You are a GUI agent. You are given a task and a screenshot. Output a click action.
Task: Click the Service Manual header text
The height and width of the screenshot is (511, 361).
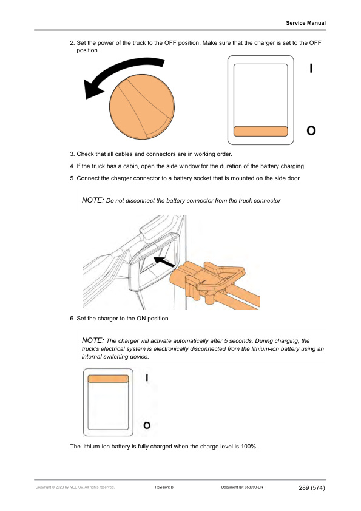pos(306,23)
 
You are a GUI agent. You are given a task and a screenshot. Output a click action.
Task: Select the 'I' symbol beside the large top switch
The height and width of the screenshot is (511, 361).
pos(311,69)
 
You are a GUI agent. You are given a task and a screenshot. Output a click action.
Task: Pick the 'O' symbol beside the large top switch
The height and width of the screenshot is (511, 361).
pos(311,130)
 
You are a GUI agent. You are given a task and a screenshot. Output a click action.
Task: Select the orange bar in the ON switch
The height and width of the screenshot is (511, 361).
pos(109,379)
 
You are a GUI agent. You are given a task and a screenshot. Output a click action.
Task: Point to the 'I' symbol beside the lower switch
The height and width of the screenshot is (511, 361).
pos(147,377)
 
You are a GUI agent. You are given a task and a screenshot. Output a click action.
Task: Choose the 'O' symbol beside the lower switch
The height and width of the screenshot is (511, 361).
pos(147,425)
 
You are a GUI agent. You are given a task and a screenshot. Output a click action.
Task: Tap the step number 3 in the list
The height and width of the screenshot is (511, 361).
pos(72,154)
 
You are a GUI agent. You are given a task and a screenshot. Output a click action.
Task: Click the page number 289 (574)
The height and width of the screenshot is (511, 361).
pos(312,487)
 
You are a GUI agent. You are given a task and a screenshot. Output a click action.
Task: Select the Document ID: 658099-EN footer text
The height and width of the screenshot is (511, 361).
pos(240,487)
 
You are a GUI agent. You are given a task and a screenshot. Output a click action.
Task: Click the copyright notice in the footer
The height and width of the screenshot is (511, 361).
pos(75,487)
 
